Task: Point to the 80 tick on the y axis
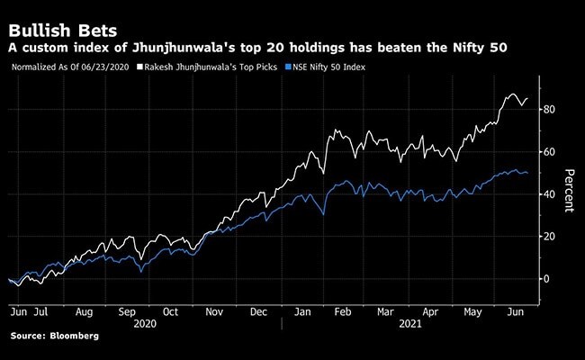click(548, 110)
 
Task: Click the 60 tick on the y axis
click(548, 152)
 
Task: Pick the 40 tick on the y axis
click(548, 194)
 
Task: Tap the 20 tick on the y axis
click(548, 237)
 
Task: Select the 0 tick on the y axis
click(545, 279)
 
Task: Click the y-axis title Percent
click(569, 191)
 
